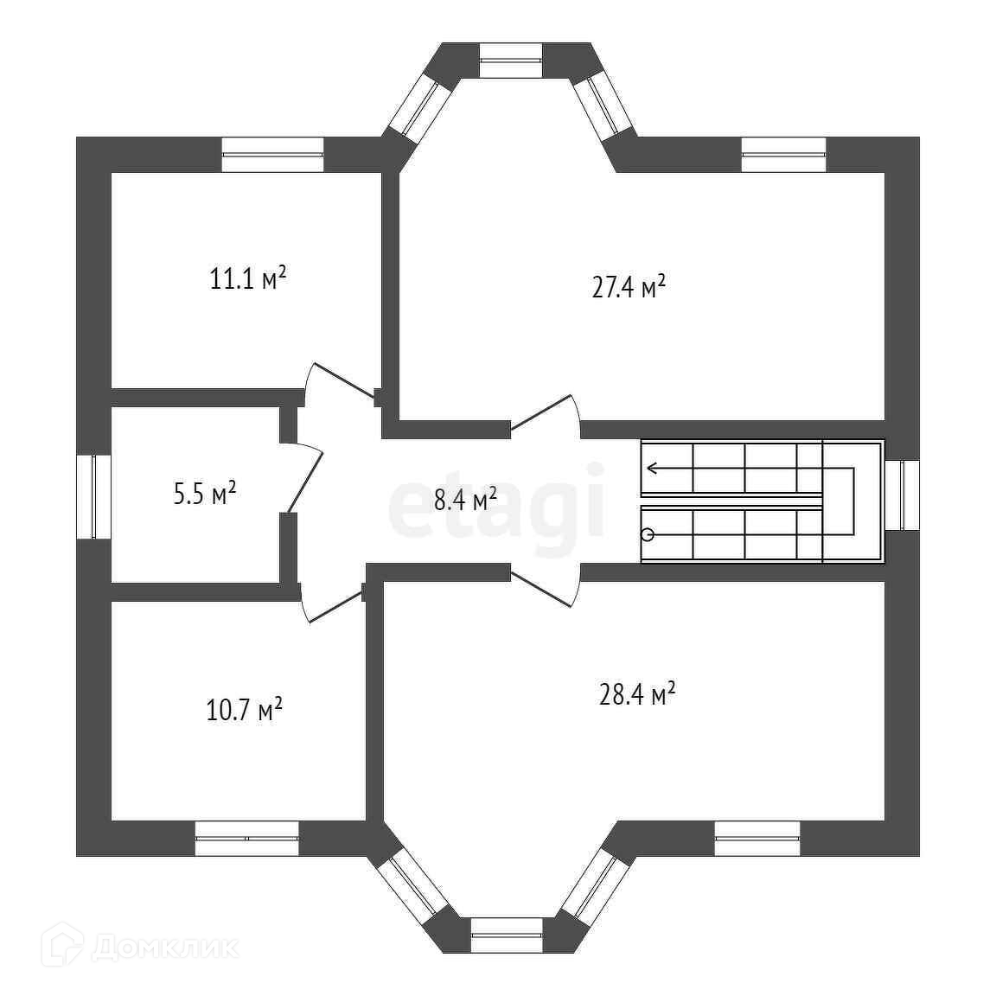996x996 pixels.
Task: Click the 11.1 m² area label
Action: coord(247,279)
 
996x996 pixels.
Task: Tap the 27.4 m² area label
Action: coord(629,287)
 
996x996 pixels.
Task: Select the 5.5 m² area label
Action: coord(205,495)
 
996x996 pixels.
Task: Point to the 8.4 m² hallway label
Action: coord(465,499)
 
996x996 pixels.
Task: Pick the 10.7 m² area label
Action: coord(246,711)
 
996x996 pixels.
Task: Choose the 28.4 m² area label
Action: coord(637,694)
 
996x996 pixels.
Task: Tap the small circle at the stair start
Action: coord(647,534)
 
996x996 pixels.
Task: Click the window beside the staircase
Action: coord(903,495)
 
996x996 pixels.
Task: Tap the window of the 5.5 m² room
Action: coord(93,496)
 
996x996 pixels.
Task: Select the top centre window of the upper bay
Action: coord(511,60)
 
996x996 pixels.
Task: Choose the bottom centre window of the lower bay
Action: coord(507,935)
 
